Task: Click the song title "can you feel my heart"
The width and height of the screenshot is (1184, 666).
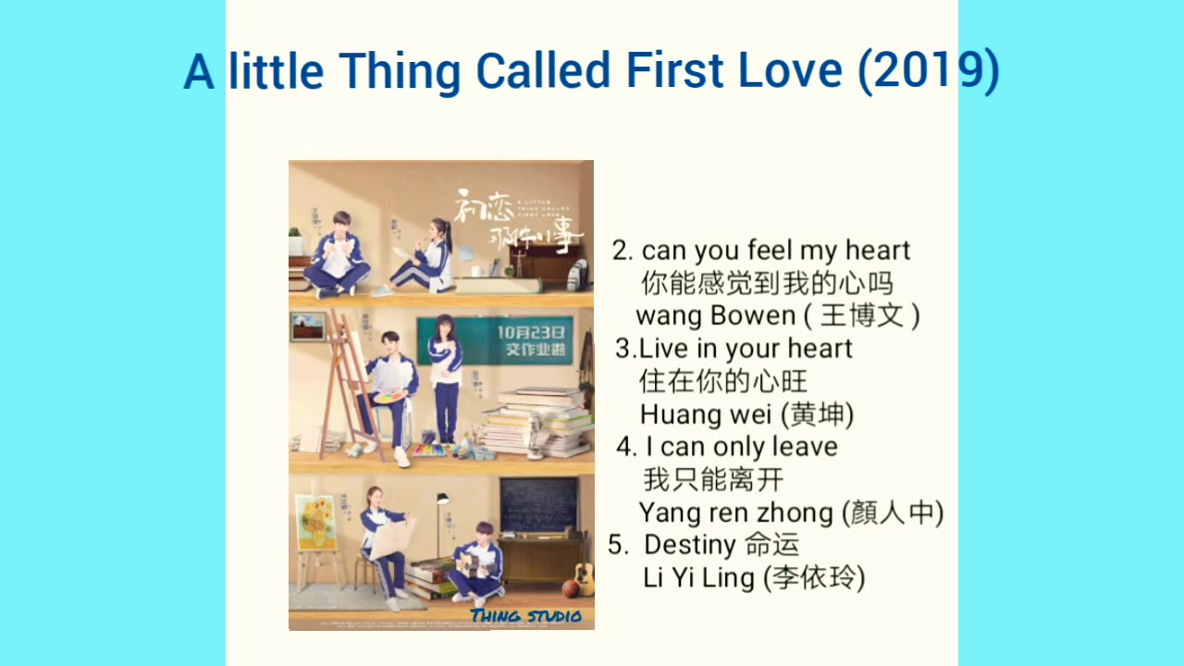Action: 775,251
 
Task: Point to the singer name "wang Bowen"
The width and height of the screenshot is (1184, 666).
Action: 715,315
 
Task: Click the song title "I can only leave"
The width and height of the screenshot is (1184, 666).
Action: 741,447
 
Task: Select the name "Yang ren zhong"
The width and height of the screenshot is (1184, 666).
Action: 735,512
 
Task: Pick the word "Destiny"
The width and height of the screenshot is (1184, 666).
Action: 690,544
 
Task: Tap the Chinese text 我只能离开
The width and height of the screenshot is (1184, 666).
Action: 712,480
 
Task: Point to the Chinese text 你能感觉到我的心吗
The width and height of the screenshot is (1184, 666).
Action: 767,283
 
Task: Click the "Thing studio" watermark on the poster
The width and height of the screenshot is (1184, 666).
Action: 525,616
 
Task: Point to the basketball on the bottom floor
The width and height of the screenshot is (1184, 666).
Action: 571,588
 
